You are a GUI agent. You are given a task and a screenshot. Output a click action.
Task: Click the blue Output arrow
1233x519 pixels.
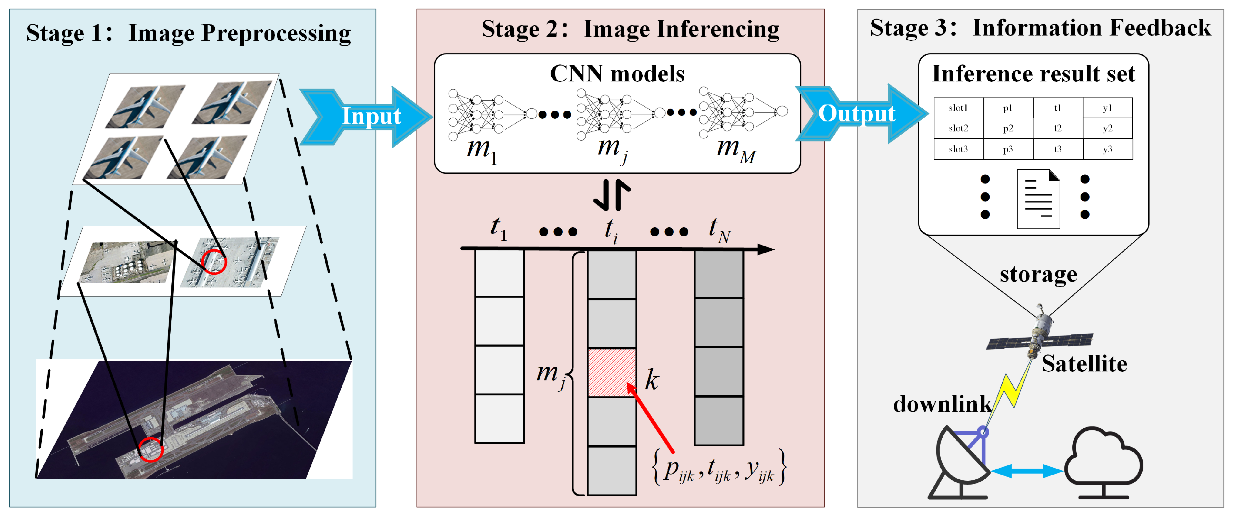pyautogui.click(x=859, y=114)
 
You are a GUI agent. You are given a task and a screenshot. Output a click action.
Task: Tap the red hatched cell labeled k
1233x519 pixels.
pyautogui.click(x=612, y=372)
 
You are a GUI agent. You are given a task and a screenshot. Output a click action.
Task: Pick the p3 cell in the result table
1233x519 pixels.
pyautogui.click(x=1008, y=149)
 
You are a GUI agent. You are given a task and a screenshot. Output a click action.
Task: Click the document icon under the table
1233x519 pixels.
pyautogui.click(x=1038, y=199)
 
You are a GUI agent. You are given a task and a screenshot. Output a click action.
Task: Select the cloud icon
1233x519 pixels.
pyautogui.click(x=1104, y=460)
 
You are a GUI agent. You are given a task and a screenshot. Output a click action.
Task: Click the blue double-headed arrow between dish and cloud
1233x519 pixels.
pyautogui.click(x=1027, y=471)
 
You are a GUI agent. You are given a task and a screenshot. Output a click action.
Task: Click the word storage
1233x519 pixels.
pyautogui.click(x=1038, y=275)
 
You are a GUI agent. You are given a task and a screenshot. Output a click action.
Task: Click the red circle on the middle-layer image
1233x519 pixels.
pyautogui.click(x=213, y=261)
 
